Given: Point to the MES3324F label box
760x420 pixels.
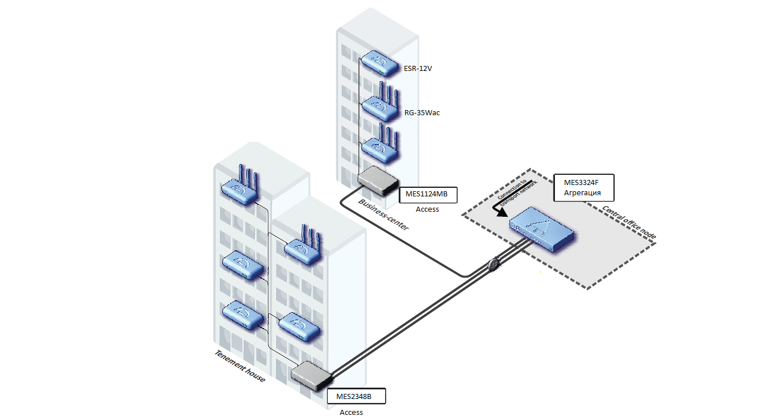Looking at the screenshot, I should click(583, 187).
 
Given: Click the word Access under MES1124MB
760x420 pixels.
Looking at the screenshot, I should click(427, 209).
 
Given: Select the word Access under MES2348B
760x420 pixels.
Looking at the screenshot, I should click(351, 412).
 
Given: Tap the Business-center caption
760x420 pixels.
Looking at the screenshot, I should click(383, 215).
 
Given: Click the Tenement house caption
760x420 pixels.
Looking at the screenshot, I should click(240, 366).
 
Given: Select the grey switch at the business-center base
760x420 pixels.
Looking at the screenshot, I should click(378, 180).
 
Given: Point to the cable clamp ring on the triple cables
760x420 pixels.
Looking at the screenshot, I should click(493, 264).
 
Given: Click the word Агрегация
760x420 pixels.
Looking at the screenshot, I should click(582, 192).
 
